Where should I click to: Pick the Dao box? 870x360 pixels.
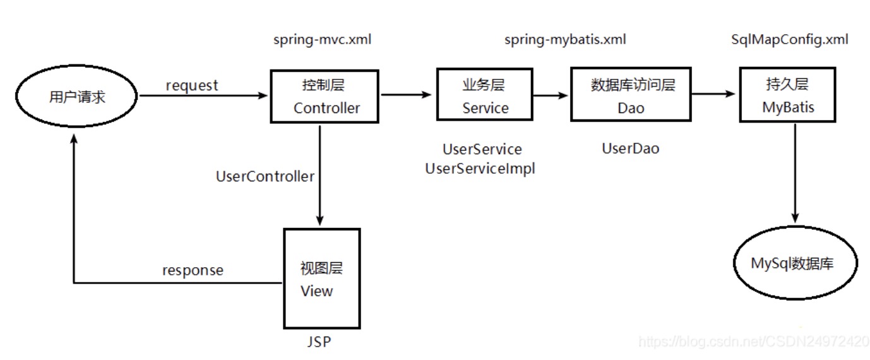point(631,97)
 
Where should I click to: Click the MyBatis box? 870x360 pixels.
point(788,97)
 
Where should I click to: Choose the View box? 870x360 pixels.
point(321,279)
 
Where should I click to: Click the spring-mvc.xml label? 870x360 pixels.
point(323,40)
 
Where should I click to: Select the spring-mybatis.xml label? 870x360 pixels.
point(565,40)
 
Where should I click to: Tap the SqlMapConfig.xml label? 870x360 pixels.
point(789,40)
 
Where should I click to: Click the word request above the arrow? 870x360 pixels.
point(192,85)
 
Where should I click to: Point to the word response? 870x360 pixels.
point(193,270)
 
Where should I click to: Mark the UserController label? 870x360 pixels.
point(265,177)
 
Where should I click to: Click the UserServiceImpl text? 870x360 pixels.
point(480,169)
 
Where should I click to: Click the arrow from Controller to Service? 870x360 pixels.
point(407,95)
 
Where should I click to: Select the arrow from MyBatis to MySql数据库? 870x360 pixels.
point(795,171)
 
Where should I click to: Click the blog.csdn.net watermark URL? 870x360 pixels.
point(754,342)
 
